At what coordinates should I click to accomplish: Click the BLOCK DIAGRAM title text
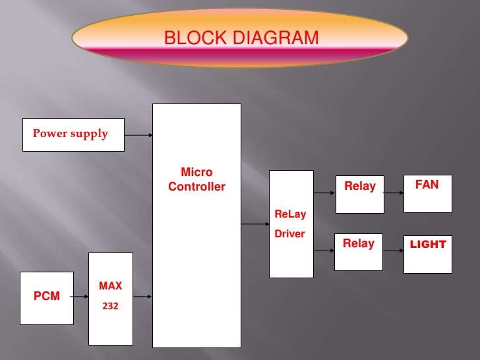241,39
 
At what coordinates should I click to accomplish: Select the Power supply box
73,135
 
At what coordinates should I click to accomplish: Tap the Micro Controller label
196,179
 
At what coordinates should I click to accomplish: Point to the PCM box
46,297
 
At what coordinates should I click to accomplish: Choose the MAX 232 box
110,299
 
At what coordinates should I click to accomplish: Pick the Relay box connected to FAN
359,194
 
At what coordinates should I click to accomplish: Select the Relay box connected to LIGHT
359,251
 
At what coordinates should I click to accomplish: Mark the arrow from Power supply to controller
138,136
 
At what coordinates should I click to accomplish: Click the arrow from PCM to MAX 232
81,297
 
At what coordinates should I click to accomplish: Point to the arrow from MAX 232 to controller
143,297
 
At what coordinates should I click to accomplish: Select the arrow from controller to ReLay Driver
255,225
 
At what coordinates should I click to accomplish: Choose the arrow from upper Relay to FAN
393,194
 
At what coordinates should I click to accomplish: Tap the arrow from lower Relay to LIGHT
393,251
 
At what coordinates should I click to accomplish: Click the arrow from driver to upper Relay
324,194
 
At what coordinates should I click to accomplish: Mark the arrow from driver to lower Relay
324,251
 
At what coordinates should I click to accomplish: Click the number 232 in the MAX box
109,307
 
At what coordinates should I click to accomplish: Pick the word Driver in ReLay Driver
289,233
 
